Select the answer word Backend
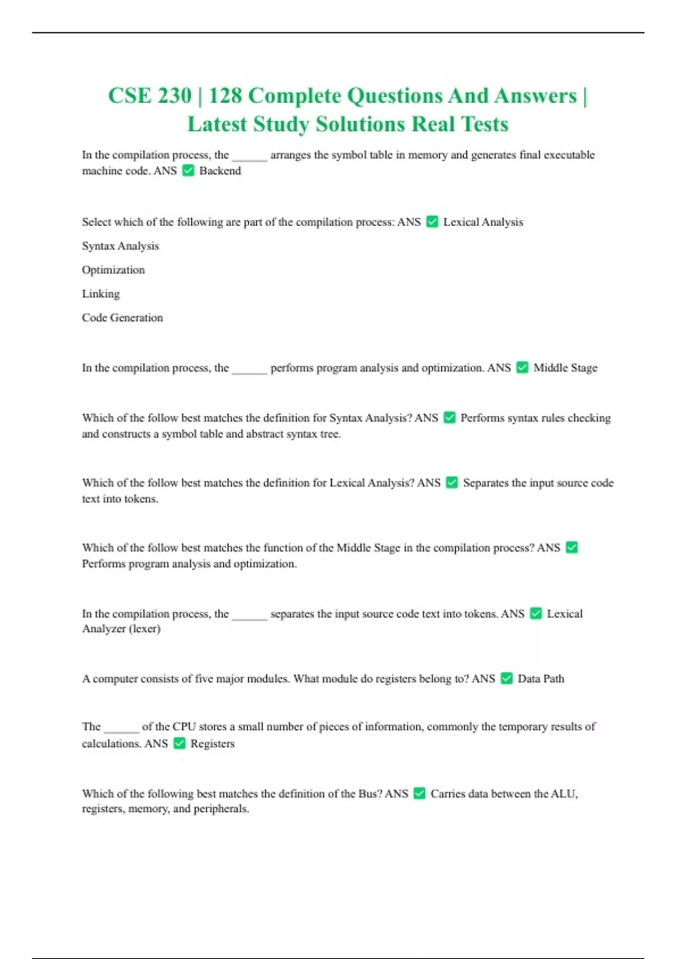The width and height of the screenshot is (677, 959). tap(220, 171)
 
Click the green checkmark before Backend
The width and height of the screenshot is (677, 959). tap(188, 170)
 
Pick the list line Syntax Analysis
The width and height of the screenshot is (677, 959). tap(120, 246)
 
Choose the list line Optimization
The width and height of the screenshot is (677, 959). tap(113, 270)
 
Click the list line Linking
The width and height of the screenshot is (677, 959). tap(101, 294)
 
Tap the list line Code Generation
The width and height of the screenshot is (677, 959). tap(122, 318)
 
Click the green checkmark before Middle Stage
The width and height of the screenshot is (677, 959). tap(522, 367)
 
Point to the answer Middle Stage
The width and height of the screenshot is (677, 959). tap(565, 368)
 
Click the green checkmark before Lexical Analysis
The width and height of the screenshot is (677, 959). tap(432, 222)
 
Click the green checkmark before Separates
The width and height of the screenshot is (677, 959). tap(452, 482)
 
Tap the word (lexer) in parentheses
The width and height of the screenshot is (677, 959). tap(145, 629)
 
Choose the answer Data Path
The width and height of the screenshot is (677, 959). tap(540, 679)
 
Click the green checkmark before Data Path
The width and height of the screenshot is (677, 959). tap(507, 678)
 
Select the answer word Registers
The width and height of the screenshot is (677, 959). tap(212, 744)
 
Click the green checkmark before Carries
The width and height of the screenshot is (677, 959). tap(419, 793)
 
